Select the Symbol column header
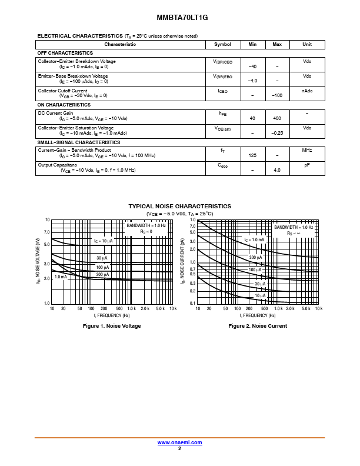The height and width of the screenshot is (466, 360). pos(223,45)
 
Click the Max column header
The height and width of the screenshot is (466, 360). pos(277,45)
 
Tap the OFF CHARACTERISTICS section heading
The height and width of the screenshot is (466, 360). pos(65,53)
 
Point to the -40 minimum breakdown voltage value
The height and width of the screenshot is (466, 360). pos(252,66)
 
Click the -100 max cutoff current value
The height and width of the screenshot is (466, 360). pos(277,95)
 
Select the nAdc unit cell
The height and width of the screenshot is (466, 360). pos(307,91)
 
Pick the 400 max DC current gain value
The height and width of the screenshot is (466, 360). pos(277,118)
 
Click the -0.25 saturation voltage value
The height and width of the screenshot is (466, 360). pos(277,133)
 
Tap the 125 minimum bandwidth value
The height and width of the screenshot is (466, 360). pos(252,155)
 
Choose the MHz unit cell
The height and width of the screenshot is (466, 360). pos(307,151)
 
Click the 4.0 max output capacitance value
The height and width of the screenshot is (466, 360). pos(277,170)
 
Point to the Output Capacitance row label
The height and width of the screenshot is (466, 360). pos(58,165)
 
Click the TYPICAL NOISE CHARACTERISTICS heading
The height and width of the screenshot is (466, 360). pos(180,206)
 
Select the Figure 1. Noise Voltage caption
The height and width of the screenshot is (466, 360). pos(112,326)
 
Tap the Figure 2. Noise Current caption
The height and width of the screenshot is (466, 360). pos(258,326)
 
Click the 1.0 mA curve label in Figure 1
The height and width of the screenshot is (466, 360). pos(61,277)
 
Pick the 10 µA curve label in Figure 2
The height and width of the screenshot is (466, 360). pos(260,295)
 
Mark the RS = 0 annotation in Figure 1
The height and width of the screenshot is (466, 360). pos(146,232)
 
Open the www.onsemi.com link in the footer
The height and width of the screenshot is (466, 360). pos(180,442)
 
